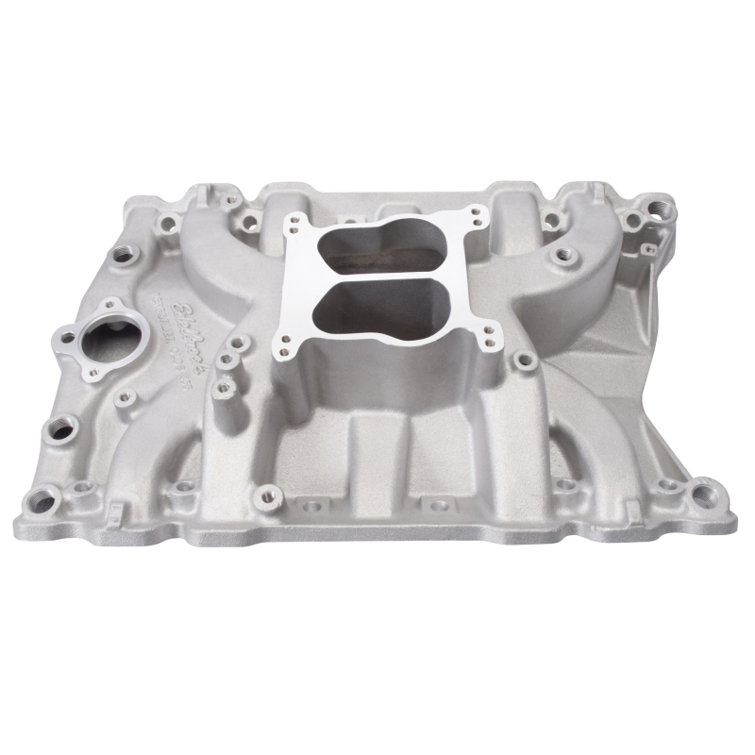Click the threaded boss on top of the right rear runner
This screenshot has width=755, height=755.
pyautogui.click(x=563, y=254)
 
